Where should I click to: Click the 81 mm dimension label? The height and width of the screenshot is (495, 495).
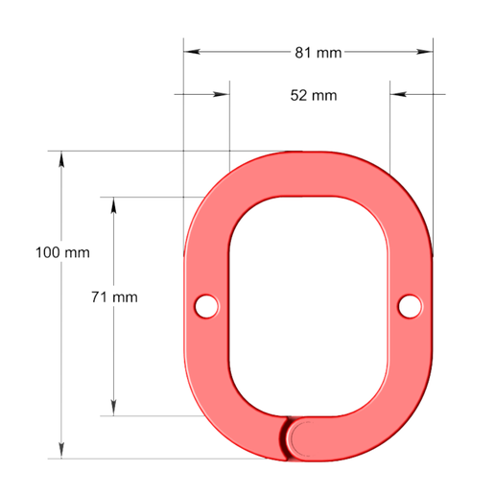[x=318, y=53]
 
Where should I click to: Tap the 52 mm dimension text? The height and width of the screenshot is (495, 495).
[x=314, y=96]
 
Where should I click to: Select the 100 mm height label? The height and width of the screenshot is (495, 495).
[x=62, y=252]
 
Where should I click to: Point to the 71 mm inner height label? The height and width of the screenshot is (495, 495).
[x=114, y=297]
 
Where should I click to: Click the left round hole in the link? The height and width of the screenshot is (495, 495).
[x=206, y=306]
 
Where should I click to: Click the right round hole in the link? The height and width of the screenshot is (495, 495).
[x=410, y=306]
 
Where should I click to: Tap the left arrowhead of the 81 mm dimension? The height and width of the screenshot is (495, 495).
[x=192, y=52]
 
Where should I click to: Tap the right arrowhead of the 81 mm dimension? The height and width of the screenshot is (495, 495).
[x=425, y=52]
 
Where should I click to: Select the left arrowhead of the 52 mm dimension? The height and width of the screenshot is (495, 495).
[x=222, y=94]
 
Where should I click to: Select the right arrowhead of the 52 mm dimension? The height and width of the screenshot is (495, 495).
[x=398, y=94]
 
